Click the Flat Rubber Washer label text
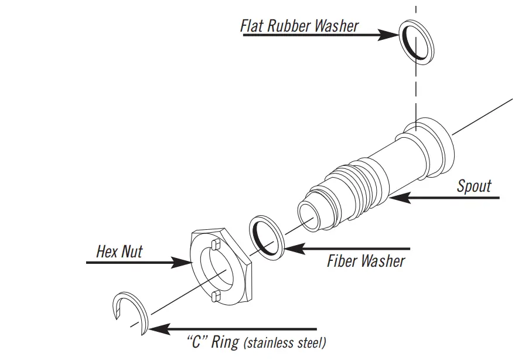tap(299, 26)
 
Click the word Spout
tap(473, 187)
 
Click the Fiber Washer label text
tap(366, 260)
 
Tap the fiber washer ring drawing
tap(267, 237)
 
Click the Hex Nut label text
tap(119, 252)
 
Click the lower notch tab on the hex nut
tap(214, 295)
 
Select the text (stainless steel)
tap(284, 342)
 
